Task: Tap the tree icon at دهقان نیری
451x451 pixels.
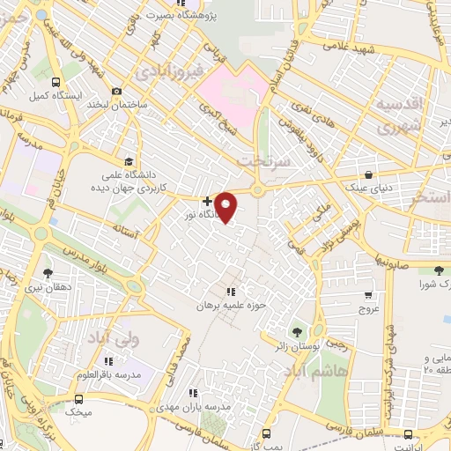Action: click(x=47, y=272)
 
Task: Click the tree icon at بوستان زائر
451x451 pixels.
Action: click(x=297, y=332)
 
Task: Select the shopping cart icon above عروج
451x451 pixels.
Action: click(x=367, y=296)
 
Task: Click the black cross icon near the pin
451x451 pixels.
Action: click(x=207, y=202)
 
